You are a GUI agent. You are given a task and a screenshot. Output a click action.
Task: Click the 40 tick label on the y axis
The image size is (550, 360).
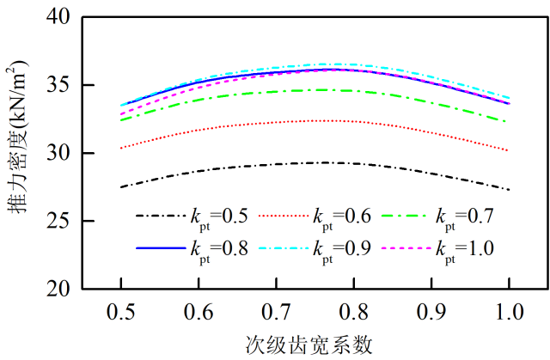click(59, 18)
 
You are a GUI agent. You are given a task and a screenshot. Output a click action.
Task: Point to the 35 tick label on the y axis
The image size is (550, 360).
click(59, 86)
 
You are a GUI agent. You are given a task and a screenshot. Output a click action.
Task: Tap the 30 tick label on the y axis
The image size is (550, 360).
click(59, 154)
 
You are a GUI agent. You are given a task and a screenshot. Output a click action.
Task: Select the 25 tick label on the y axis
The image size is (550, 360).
click(59, 222)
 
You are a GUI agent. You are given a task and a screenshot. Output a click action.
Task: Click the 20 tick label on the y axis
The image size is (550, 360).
click(59, 290)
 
